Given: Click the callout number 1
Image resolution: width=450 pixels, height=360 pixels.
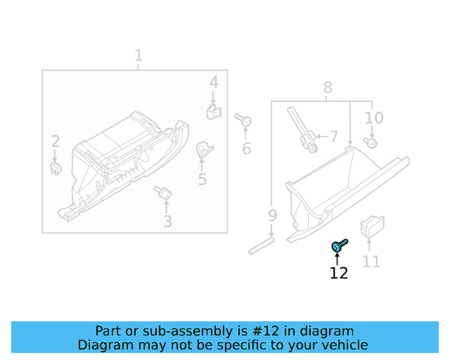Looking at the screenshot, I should tap(139, 56).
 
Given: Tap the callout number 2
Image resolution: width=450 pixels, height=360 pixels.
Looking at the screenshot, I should tap(55, 142).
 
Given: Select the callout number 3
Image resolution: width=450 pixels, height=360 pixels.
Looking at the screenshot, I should tap(167, 222).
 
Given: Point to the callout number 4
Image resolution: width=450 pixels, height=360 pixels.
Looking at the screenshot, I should tap(214, 83).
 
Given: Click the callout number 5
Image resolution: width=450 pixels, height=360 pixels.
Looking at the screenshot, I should tap(202, 179).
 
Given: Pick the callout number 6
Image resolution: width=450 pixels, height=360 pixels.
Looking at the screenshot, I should tap(247, 148).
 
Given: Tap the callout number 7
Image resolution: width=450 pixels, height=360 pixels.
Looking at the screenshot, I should tap(333, 136).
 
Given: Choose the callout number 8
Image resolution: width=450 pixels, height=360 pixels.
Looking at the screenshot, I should tap(328, 87).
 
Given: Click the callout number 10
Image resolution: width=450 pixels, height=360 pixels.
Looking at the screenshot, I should tap(374, 117).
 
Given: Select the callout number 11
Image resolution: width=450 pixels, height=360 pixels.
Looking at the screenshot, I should tap(371, 262).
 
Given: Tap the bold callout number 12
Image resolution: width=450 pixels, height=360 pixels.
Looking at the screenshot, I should tap(339, 273).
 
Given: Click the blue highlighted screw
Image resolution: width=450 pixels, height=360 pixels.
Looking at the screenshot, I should tap(339, 246).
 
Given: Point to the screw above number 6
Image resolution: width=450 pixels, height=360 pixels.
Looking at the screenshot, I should tap(244, 120).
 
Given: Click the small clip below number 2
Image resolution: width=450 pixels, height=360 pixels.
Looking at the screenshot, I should tap(56, 167).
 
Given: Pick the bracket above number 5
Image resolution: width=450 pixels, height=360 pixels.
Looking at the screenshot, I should tap(204, 149).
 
